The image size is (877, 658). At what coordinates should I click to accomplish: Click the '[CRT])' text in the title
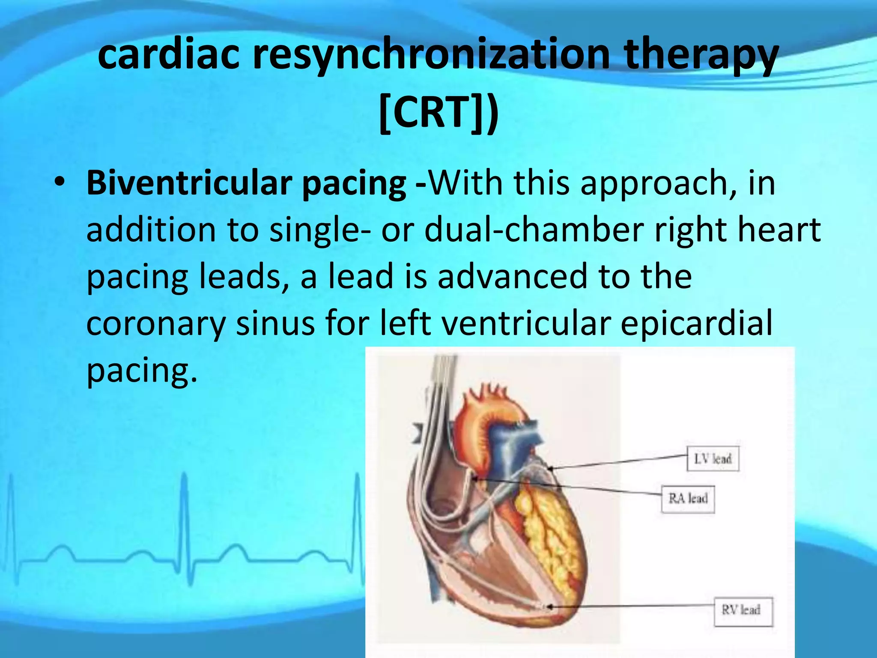tap(438, 112)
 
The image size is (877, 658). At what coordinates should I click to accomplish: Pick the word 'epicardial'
tap(697, 323)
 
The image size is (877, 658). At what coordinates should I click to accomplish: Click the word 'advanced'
tap(512, 276)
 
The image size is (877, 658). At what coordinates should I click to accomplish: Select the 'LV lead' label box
tap(713, 459)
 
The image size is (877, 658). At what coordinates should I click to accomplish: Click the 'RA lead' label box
tap(688, 499)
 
